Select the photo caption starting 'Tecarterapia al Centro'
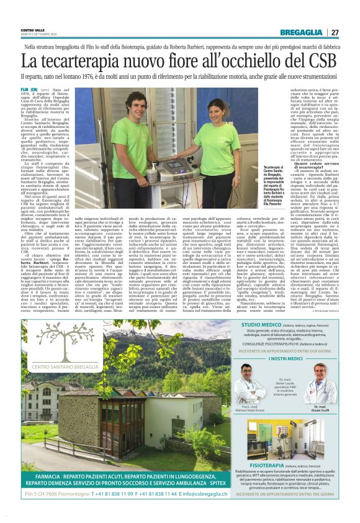pyautogui.click(x=264, y=177)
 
